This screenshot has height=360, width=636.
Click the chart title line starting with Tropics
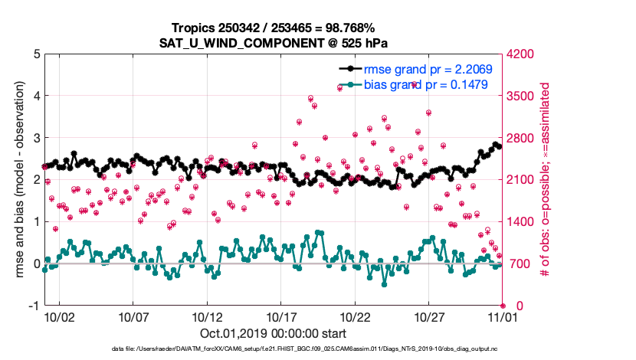[273, 28]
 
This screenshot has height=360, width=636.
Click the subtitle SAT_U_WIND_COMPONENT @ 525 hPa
[273, 43]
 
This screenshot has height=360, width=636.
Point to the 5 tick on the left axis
[37, 54]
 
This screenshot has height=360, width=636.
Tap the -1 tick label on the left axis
[34, 306]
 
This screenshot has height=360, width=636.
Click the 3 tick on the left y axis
[37, 138]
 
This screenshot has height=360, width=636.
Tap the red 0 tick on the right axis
[511, 306]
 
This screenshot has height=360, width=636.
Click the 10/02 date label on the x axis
[59, 316]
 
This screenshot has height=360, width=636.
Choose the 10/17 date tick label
[281, 316]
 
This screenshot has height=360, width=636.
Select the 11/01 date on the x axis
[503, 316]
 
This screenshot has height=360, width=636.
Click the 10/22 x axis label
[355, 316]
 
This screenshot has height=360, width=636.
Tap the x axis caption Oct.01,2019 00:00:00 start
[273, 334]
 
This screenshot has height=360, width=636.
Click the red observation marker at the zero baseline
[503, 306]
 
